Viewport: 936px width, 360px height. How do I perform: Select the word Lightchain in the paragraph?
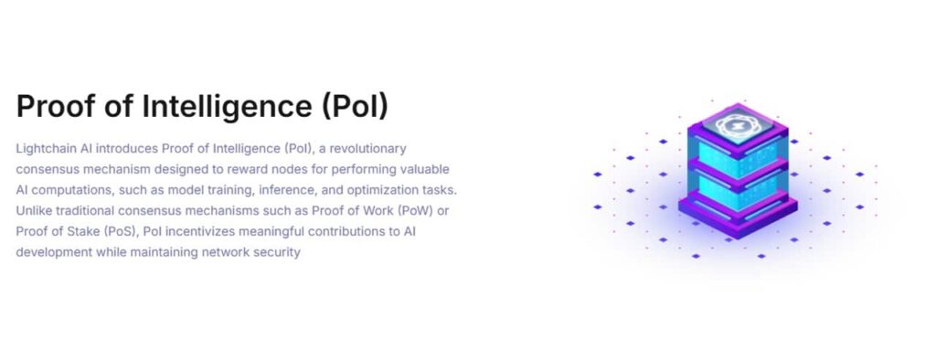click(47, 148)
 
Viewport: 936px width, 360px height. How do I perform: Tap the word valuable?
click(422, 169)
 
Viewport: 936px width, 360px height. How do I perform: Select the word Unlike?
click(34, 210)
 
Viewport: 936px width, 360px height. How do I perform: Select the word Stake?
click(75, 231)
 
